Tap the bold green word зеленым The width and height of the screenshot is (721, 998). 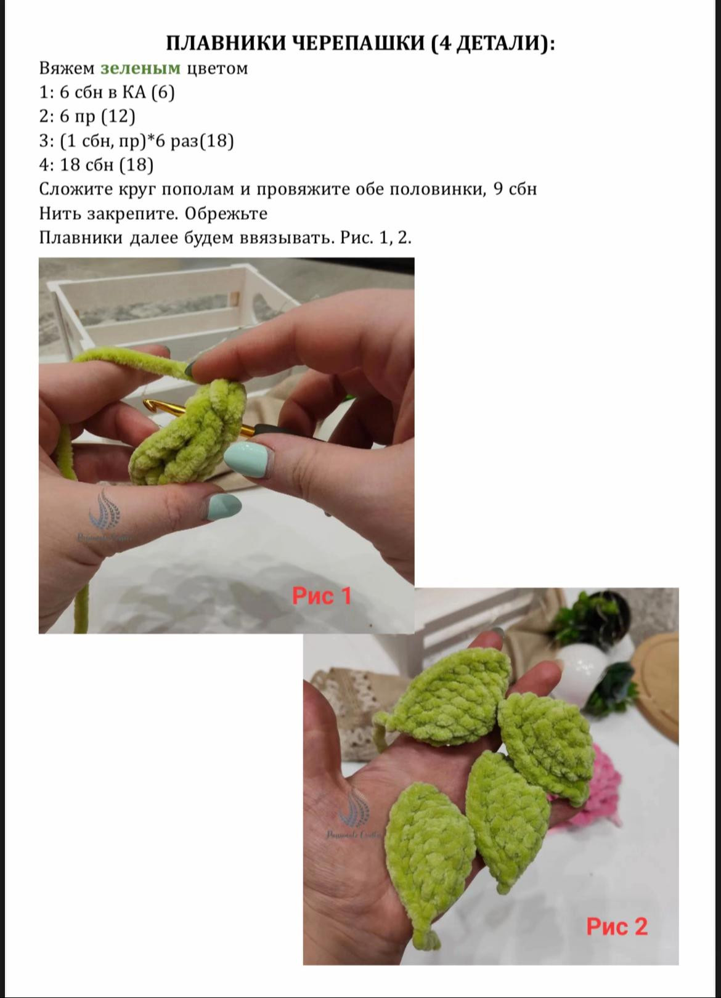141,68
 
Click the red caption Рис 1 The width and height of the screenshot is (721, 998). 321,596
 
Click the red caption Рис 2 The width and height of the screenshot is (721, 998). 616,926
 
